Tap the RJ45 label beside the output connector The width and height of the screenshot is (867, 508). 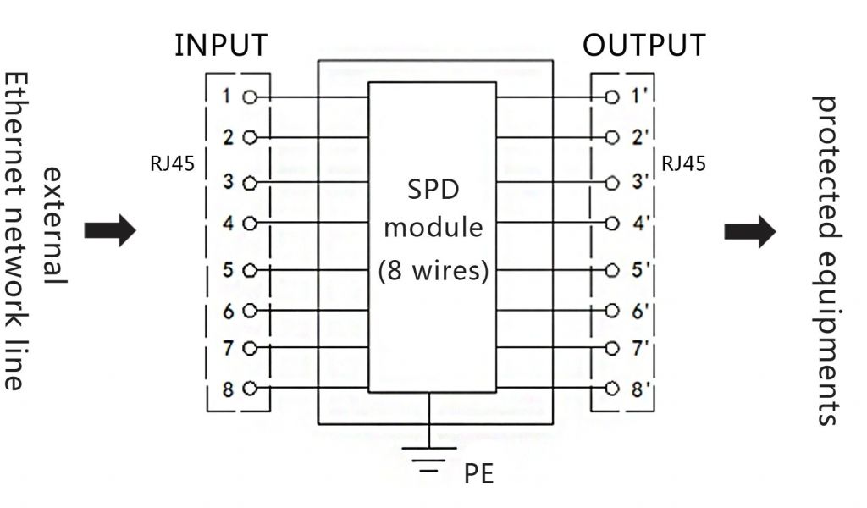tap(683, 163)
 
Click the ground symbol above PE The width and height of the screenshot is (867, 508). tap(431, 454)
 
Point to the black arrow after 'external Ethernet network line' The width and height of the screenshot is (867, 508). tap(110, 230)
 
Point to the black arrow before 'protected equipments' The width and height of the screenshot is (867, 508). tap(749, 231)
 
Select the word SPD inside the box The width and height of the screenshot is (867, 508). tap(433, 190)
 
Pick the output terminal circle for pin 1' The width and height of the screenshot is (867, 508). tap(613, 97)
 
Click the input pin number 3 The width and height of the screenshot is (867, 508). tap(227, 180)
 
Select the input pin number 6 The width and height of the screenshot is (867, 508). tap(227, 311)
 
